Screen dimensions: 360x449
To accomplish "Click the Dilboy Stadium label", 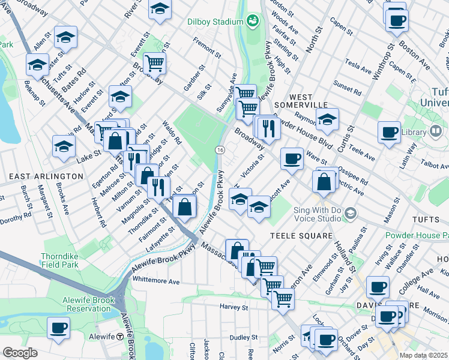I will tap(213, 22).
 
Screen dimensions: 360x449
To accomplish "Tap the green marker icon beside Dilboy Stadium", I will tap(253, 22).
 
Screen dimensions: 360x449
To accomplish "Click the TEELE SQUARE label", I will tap(301, 236).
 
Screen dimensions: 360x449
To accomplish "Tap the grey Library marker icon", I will tap(436, 131).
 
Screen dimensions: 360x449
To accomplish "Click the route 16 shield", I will tap(220, 149).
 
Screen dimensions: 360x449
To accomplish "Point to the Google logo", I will tap(20, 353).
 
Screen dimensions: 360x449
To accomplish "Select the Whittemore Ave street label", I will tap(156, 281).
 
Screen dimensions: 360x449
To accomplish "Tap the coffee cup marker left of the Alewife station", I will tap(59, 328).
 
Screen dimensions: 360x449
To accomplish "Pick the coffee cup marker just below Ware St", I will tap(292, 158).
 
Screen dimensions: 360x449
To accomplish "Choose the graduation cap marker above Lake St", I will tap(64, 146).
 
